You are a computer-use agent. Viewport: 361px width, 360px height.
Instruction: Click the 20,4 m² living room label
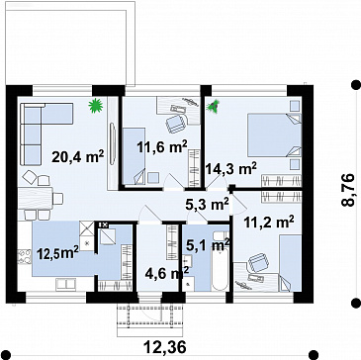(x=78, y=156)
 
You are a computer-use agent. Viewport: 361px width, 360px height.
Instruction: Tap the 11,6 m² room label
(x=162, y=146)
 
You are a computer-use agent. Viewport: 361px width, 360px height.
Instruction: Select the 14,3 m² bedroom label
(x=231, y=169)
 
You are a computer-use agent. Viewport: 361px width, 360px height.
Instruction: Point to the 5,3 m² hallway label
(x=208, y=205)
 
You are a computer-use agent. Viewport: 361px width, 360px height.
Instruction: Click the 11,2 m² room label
(x=269, y=223)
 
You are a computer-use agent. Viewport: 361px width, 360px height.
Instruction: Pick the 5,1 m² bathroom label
(x=208, y=245)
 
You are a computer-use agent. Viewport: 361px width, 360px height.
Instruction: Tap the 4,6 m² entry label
(x=167, y=274)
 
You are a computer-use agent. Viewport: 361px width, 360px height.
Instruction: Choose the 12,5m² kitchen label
(x=57, y=253)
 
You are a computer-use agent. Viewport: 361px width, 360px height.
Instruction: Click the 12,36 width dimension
(x=165, y=347)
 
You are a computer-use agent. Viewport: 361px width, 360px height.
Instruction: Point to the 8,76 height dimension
(x=348, y=190)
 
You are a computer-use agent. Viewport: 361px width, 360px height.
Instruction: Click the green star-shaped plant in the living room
(x=96, y=106)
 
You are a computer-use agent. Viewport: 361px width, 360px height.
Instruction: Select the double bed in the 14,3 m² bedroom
(x=275, y=135)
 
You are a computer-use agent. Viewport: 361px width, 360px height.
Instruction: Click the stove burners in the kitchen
(x=24, y=257)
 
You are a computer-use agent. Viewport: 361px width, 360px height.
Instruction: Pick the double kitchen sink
(x=66, y=284)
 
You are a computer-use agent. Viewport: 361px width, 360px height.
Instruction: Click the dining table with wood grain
(x=35, y=198)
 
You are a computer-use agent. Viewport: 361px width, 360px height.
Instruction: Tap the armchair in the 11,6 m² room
(x=175, y=124)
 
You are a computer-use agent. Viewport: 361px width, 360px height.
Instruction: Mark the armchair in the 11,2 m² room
(x=259, y=262)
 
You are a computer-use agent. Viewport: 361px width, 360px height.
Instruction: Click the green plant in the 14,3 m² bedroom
(x=213, y=107)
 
